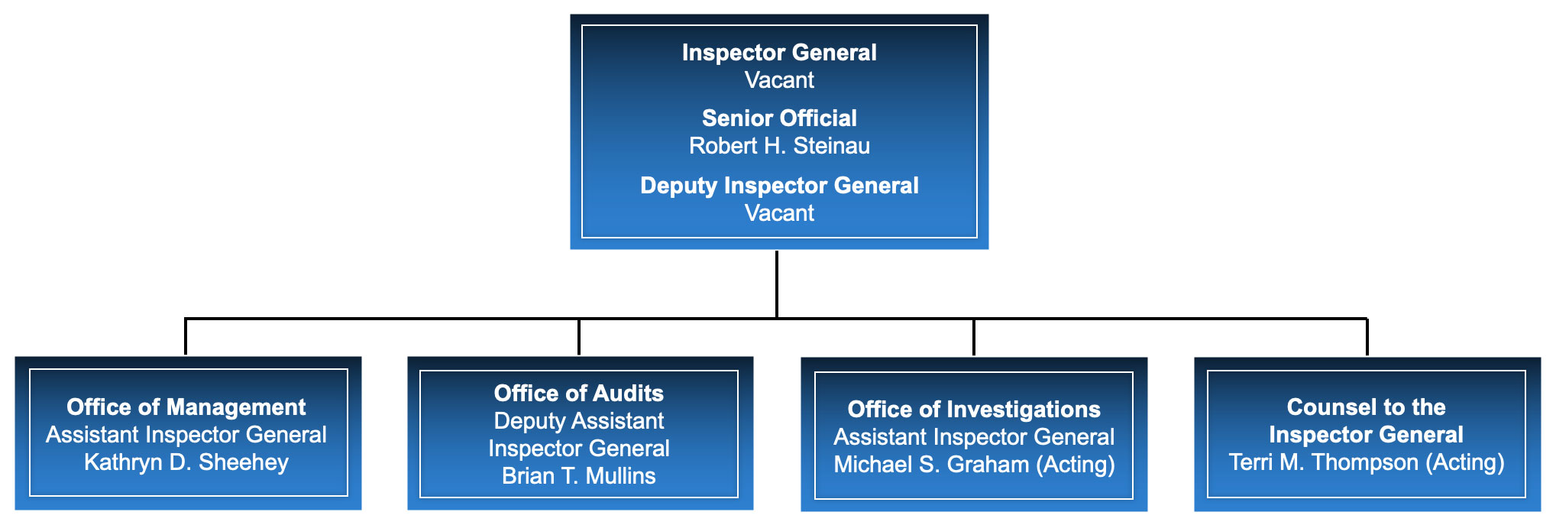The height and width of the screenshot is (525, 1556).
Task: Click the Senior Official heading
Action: (x=779, y=118)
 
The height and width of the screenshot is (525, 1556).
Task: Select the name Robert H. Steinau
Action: (x=779, y=146)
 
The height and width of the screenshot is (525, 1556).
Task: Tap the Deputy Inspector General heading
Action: (x=779, y=186)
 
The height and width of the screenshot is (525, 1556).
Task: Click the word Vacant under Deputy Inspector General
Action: (x=779, y=213)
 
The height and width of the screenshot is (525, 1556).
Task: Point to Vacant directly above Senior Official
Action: (x=779, y=80)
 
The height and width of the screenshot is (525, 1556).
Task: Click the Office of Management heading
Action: (x=186, y=407)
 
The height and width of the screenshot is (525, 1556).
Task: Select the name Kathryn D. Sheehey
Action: (x=186, y=462)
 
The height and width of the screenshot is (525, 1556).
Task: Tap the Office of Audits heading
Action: (x=578, y=394)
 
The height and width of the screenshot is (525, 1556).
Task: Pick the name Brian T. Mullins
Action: (x=578, y=476)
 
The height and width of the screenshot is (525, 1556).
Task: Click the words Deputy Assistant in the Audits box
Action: (x=578, y=421)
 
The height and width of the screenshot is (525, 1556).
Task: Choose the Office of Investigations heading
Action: (x=974, y=410)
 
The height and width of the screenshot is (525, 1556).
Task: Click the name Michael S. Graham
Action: (x=931, y=465)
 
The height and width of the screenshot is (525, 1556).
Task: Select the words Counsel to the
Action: (x=1366, y=407)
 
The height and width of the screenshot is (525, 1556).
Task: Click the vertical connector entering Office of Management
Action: (x=186, y=337)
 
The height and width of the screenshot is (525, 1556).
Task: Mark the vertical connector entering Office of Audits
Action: (x=579, y=337)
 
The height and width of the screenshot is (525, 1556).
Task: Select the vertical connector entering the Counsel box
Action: (x=1367, y=337)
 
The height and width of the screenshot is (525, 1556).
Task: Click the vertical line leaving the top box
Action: (x=777, y=283)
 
